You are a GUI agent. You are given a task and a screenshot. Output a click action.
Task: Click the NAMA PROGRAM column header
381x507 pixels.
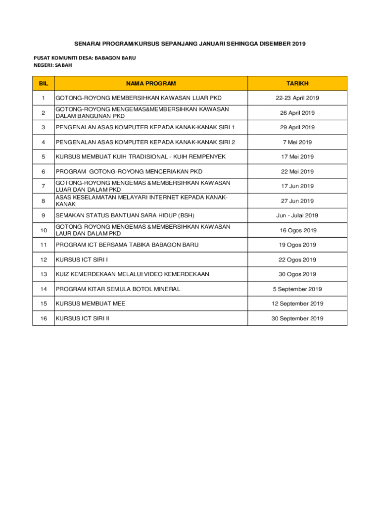[x=150, y=84]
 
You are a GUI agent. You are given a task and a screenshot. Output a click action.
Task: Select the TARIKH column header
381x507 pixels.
[x=297, y=84]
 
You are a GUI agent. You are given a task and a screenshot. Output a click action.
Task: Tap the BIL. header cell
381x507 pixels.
[x=44, y=84]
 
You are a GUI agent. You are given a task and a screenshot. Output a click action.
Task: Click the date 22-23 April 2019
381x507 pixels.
[x=297, y=98]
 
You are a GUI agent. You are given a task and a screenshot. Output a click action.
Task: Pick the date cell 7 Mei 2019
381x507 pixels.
[x=297, y=142]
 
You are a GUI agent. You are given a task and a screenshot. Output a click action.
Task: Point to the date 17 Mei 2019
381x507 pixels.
[x=297, y=157]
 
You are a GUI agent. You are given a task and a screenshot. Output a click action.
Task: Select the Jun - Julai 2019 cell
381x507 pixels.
[x=297, y=215]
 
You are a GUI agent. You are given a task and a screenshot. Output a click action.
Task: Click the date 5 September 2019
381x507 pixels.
[x=297, y=289]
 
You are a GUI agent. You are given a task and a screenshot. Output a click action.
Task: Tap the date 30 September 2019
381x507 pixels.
[x=297, y=318]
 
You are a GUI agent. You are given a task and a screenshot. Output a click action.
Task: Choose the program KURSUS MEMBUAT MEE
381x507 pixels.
[x=91, y=304]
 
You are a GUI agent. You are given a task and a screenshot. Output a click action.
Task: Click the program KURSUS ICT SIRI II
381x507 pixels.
[x=82, y=318]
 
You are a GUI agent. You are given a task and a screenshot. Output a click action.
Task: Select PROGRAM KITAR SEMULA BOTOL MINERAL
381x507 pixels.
[x=118, y=289]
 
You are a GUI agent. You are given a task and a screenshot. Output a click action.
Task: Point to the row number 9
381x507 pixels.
[x=44, y=215]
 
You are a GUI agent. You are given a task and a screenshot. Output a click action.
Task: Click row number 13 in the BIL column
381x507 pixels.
[x=44, y=274]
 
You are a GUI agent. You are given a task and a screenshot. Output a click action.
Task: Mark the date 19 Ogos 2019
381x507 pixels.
[x=297, y=245]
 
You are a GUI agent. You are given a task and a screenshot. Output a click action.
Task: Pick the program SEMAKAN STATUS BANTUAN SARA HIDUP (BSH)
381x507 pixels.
[x=125, y=215]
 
